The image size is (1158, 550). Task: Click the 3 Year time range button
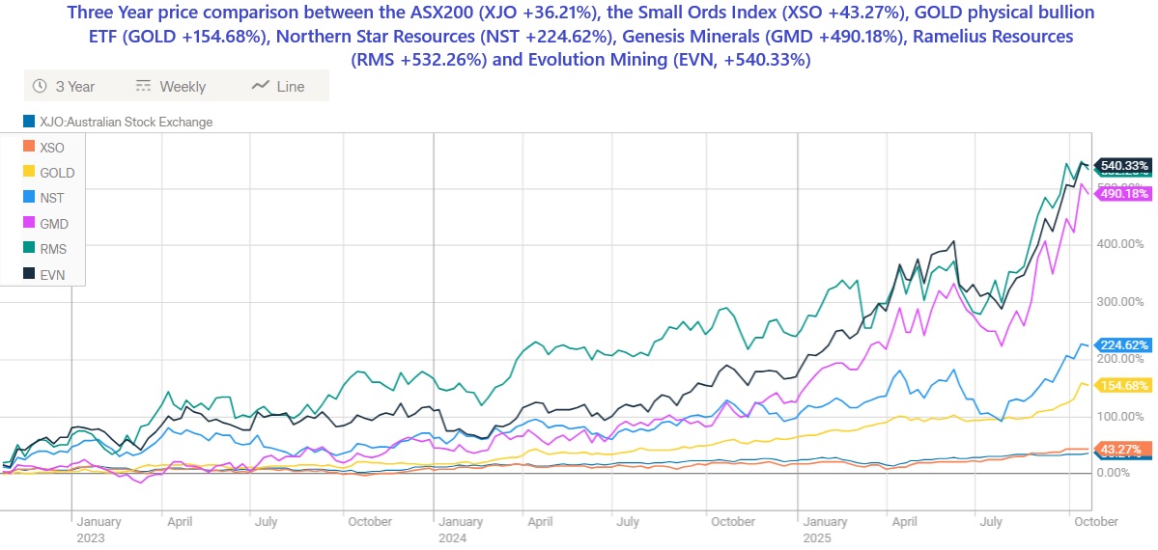pos(65,86)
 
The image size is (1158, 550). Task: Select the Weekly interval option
pos(171,86)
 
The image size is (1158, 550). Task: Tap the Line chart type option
pos(278,86)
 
